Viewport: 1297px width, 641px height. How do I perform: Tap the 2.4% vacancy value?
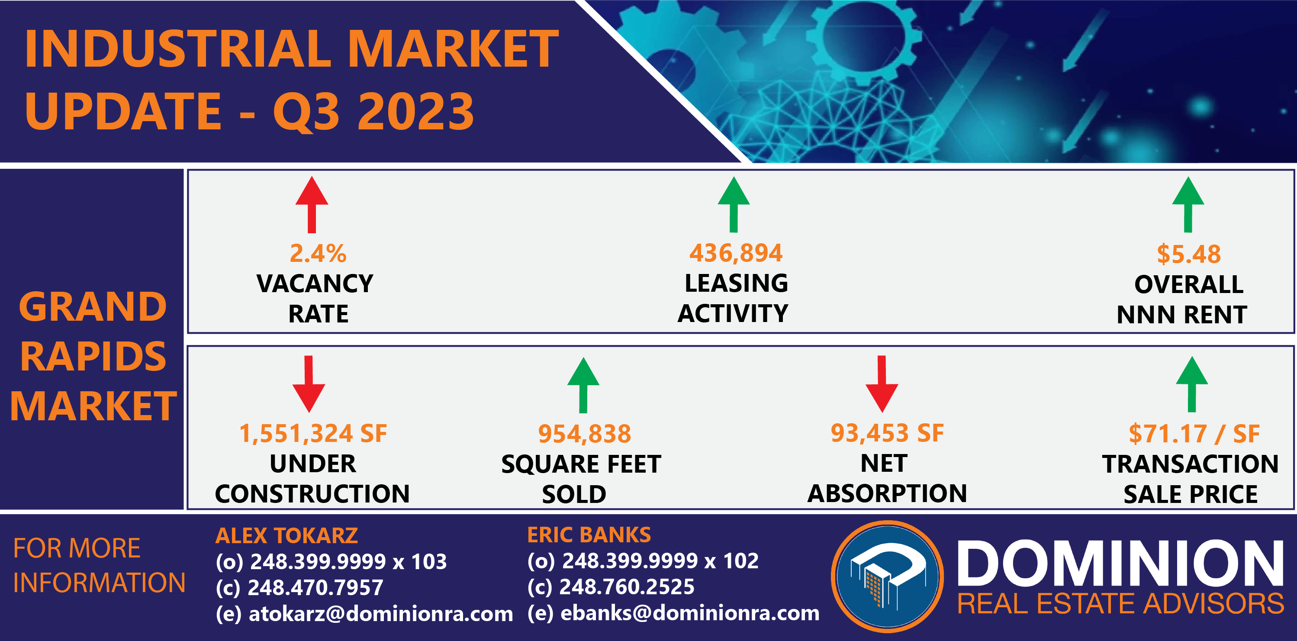[318, 253]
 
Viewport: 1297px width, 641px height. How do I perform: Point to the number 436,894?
[736, 253]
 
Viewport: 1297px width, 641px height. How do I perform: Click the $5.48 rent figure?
[1189, 254]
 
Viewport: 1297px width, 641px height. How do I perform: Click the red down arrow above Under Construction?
[309, 384]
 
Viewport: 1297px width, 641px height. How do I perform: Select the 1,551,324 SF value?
[312, 434]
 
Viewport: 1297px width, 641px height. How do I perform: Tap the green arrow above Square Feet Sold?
[583, 385]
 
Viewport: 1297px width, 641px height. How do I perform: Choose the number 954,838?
[585, 434]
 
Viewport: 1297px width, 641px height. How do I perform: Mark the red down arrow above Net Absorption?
[882, 384]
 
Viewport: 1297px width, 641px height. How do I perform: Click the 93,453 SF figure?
[887, 433]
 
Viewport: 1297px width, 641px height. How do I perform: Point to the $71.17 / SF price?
[1194, 434]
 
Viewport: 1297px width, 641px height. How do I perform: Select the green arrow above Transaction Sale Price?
[1192, 384]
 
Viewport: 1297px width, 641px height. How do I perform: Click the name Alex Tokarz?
[286, 535]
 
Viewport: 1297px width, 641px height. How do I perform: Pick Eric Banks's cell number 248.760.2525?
[627, 586]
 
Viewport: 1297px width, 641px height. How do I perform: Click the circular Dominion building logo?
[887, 577]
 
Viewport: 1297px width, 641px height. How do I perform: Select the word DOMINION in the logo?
[1120, 564]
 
